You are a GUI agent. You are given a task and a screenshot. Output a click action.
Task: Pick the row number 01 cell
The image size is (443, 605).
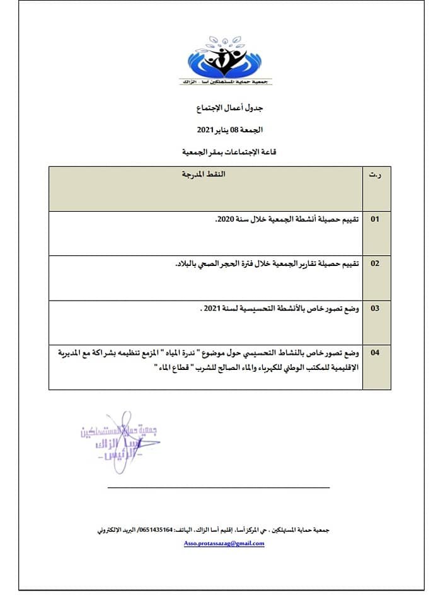[375, 219]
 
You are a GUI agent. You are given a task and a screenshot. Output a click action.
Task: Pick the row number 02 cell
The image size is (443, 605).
[375, 263]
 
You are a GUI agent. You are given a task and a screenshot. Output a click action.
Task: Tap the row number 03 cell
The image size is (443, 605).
[375, 308]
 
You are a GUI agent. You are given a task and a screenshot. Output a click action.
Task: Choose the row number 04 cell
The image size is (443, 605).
[375, 353]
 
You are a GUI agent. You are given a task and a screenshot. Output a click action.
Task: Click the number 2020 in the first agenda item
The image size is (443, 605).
[224, 219]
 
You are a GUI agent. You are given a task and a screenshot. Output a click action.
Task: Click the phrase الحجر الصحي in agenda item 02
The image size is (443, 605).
[218, 263]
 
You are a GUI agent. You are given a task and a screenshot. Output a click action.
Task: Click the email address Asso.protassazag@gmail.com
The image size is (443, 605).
[224, 543]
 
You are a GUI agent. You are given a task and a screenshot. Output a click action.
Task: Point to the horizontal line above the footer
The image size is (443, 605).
[218, 487]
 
